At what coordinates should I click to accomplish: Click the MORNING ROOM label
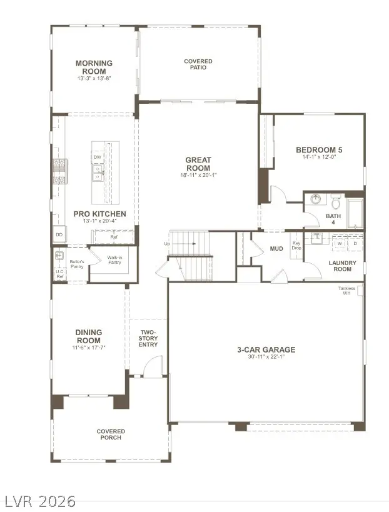[x=94, y=63]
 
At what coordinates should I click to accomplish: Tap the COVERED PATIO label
[x=198, y=64]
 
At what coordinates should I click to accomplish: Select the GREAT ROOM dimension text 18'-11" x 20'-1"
[x=198, y=175]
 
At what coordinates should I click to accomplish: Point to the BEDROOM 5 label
[x=318, y=149]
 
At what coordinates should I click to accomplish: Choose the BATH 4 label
[x=333, y=219]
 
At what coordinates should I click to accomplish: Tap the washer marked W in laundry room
[x=340, y=243]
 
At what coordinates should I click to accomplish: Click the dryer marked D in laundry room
[x=355, y=243]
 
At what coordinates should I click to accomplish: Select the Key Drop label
[x=296, y=246]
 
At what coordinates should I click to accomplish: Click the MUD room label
[x=276, y=248]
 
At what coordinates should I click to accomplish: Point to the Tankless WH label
[x=346, y=291]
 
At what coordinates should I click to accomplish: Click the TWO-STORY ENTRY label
[x=148, y=338]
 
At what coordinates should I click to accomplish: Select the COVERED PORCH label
[x=111, y=434]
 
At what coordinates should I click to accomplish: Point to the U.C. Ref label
[x=60, y=274]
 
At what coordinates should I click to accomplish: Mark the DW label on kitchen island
[x=98, y=157]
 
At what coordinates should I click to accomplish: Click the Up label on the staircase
[x=167, y=243]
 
